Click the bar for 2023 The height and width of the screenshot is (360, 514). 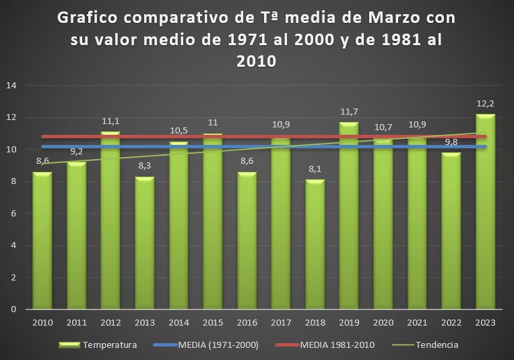point(485,216)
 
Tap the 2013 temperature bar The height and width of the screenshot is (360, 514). point(144,243)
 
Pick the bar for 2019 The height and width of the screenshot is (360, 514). point(348,216)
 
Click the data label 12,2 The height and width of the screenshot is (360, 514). point(486,105)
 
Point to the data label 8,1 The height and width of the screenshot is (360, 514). point(315,171)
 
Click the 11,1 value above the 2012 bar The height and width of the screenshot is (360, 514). point(110,122)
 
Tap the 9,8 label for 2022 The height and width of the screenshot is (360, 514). point(451,143)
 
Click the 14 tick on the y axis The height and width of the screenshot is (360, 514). point(11,86)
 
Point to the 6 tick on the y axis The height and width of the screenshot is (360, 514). point(13,214)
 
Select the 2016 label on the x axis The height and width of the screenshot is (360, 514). point(247,323)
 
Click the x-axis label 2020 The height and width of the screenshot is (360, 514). point(383,323)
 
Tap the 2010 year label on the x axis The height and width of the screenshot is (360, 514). point(42,323)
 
